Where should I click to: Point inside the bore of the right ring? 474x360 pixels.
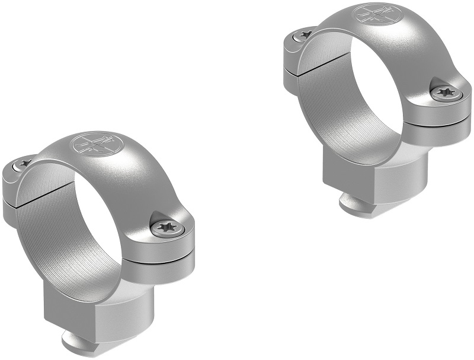point(355,95)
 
